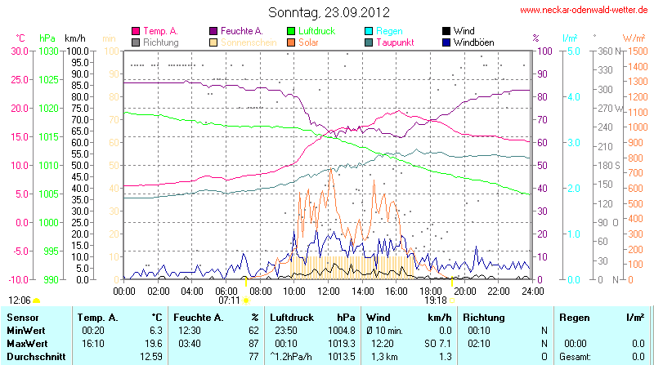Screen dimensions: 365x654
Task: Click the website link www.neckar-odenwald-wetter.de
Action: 584,11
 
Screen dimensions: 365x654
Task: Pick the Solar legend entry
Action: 308,42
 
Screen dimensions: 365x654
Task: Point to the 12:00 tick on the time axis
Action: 328,289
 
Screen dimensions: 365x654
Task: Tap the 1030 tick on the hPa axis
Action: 50,51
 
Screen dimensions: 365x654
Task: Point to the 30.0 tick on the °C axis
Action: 19,51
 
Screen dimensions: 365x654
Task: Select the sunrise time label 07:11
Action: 229,300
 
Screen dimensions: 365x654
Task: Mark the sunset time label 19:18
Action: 435,300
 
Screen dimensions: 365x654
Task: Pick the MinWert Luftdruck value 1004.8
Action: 338,331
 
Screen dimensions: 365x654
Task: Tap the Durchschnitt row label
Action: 36,357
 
